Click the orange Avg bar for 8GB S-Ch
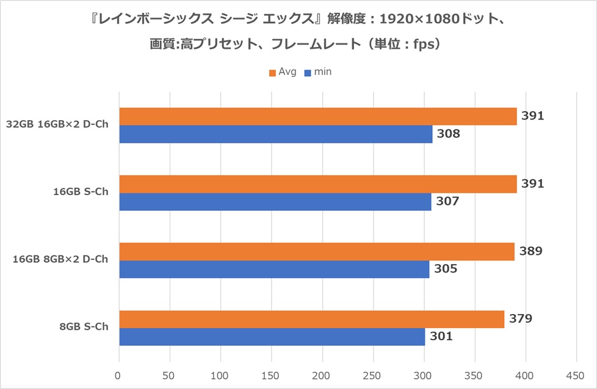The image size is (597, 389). pos(311,319)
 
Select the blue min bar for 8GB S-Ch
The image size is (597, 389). pos(272,337)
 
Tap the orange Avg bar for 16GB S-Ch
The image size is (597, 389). pos(317,184)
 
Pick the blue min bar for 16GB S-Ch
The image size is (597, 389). pos(275,201)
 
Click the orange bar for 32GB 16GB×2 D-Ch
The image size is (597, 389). pos(317,116)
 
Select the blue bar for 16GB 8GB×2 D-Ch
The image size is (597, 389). pos(274,269)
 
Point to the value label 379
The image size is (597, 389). pos(520,318)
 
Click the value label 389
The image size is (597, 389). pos(530,251)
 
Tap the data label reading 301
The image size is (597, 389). pos(441,336)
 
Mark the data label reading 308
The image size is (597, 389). pos(449,134)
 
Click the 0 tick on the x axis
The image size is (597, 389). pos(119,374)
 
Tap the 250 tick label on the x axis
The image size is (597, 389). pos(372,374)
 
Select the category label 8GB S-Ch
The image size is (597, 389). pos(84,327)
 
